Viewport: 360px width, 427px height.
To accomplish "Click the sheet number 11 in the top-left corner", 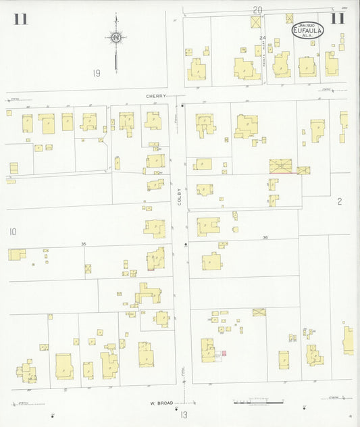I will (x=20, y=19).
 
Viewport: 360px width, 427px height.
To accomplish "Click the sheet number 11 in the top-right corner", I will (x=338, y=18).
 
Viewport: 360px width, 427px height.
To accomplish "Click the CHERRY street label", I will (x=155, y=96).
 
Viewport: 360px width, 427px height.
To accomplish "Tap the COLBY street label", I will (x=180, y=196).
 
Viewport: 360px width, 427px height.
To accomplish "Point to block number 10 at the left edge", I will (x=12, y=232).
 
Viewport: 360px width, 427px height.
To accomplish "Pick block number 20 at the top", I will (x=257, y=9).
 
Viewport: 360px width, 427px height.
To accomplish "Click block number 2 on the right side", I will (x=340, y=201).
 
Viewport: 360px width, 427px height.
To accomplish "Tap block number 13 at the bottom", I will (x=183, y=414).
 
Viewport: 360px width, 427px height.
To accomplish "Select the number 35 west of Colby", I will (x=84, y=243).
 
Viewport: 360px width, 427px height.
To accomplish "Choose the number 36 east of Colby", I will (x=265, y=237).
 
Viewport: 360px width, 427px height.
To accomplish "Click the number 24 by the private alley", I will (x=263, y=38).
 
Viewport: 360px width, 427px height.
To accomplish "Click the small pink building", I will (x=224, y=353).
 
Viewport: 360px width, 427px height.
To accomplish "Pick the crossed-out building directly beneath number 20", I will (x=255, y=22).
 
